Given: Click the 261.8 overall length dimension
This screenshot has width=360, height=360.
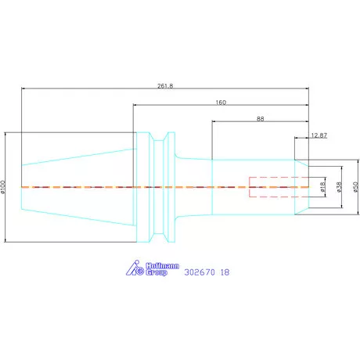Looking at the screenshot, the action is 165,86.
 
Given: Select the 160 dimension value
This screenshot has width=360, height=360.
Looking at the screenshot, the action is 221,103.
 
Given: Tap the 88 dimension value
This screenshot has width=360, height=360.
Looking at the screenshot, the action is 260,119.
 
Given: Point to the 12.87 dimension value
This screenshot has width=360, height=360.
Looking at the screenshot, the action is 319,135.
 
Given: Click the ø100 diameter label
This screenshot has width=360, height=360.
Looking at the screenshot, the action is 3,187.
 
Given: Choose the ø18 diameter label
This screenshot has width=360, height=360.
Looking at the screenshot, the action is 322,187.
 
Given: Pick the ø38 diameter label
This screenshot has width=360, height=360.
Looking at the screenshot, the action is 339,187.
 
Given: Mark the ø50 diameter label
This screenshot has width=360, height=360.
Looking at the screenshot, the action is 355,187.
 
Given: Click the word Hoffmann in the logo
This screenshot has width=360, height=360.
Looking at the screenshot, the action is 162,266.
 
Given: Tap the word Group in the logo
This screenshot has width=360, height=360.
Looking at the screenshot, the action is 157,272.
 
